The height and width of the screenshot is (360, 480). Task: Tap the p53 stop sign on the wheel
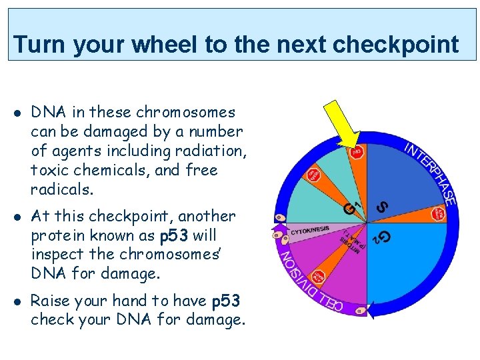[357, 152]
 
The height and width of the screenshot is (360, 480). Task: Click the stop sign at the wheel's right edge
[439, 214]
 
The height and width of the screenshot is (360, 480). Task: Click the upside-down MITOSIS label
[353, 241]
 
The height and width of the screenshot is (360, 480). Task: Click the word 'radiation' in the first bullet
[215, 151]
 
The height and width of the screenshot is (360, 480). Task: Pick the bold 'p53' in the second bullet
[174, 235]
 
